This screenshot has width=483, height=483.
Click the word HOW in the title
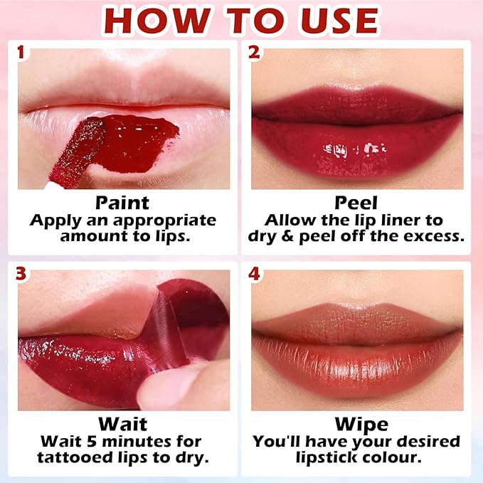(157, 21)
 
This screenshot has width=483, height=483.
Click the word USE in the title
(340, 21)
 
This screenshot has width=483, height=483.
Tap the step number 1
(21, 52)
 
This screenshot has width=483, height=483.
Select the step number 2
(254, 52)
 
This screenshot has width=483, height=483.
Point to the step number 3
(21, 274)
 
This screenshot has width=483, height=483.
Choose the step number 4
(254, 274)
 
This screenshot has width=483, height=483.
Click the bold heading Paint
(122, 203)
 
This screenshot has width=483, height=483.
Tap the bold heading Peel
(356, 203)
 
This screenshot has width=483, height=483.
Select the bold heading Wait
(122, 424)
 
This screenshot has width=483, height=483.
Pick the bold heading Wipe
(361, 425)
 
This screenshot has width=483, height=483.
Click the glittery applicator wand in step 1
(77, 153)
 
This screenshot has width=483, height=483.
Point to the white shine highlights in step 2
(354, 149)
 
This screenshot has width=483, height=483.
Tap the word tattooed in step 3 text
(75, 457)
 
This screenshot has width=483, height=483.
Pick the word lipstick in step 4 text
(322, 457)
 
